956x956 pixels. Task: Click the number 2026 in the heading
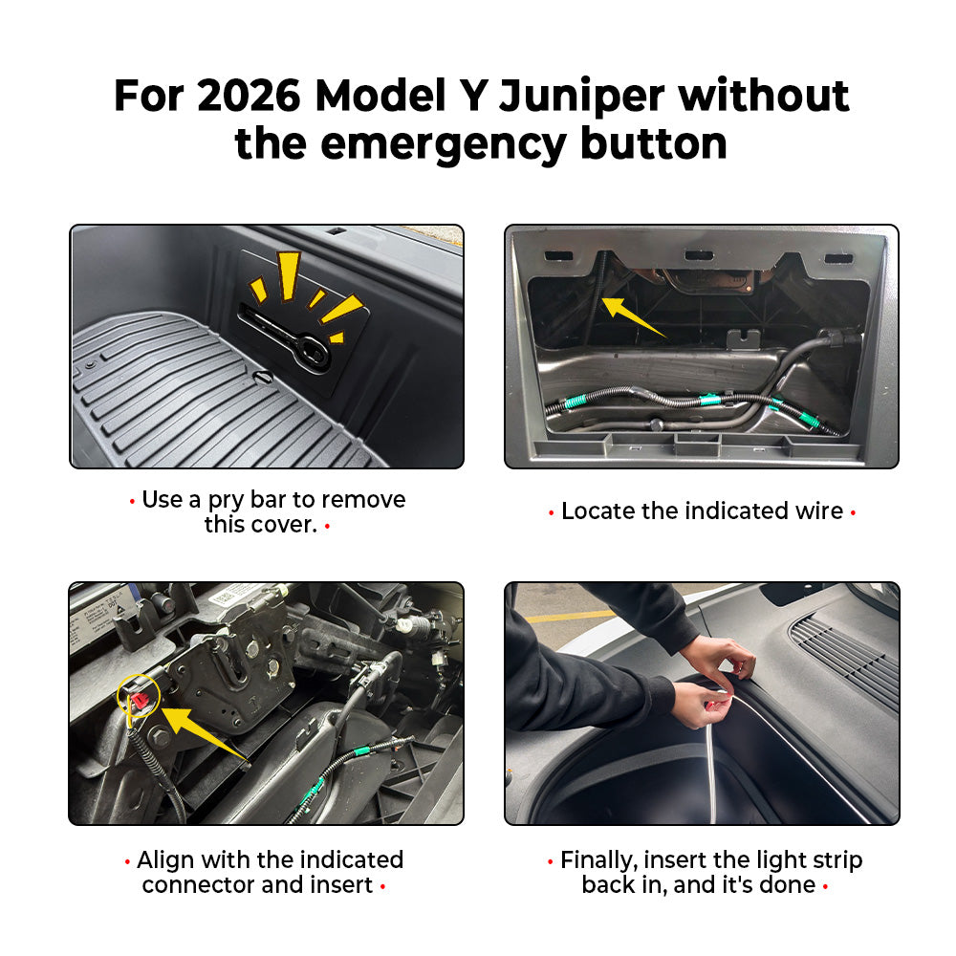[x=249, y=96]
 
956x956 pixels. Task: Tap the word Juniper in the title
[x=581, y=98]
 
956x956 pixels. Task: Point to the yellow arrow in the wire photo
[x=633, y=316]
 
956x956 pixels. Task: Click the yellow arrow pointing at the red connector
[x=205, y=734]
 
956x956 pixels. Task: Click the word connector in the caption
[x=198, y=884]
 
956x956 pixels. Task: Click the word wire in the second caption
[x=820, y=511]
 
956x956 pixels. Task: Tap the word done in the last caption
[x=787, y=884]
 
